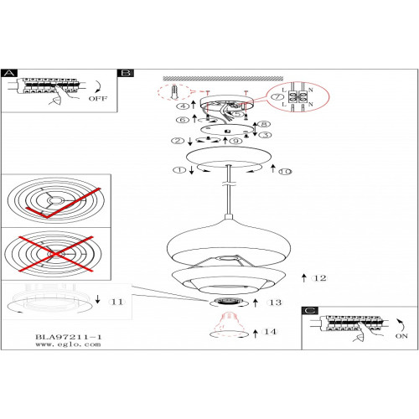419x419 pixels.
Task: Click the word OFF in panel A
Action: pos(98,99)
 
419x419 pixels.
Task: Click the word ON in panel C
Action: pos(401,336)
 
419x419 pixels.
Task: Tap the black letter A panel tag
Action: pos(9,73)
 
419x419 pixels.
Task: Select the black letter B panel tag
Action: pos(126,73)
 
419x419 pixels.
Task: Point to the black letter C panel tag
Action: pos(310,311)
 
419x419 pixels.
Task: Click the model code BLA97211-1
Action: pos(69,337)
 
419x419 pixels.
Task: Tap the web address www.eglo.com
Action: pos(68,344)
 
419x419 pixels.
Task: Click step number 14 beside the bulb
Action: pos(271,332)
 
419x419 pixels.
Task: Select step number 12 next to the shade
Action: pos(320,278)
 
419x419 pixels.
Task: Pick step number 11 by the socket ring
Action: pos(117,302)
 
